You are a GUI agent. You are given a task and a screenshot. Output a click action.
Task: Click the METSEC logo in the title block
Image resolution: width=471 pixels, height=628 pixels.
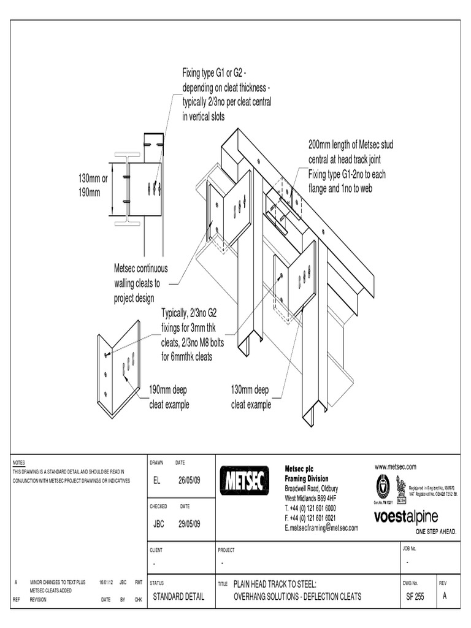pos(243,481)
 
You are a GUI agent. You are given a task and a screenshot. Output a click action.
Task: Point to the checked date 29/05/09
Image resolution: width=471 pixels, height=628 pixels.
pos(190,524)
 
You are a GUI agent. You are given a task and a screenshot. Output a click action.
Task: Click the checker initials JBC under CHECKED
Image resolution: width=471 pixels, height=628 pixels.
pos(159,524)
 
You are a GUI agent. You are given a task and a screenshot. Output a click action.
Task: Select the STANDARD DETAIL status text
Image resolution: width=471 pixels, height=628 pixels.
pos(178,596)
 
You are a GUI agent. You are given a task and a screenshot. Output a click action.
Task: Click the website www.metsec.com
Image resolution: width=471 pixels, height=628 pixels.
pos(396,467)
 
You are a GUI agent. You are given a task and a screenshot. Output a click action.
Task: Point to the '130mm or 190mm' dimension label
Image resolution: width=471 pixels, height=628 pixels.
pos(93,185)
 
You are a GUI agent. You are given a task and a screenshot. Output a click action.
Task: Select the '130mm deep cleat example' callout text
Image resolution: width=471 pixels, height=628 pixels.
pos(250,397)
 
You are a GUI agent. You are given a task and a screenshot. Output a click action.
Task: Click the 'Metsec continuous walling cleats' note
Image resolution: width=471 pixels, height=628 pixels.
pos(140,283)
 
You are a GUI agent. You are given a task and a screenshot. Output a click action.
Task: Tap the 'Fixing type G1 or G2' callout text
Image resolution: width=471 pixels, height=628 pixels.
pos(226,95)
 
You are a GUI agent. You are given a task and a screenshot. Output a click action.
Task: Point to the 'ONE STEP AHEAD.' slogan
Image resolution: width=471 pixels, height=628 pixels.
pos(436,531)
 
